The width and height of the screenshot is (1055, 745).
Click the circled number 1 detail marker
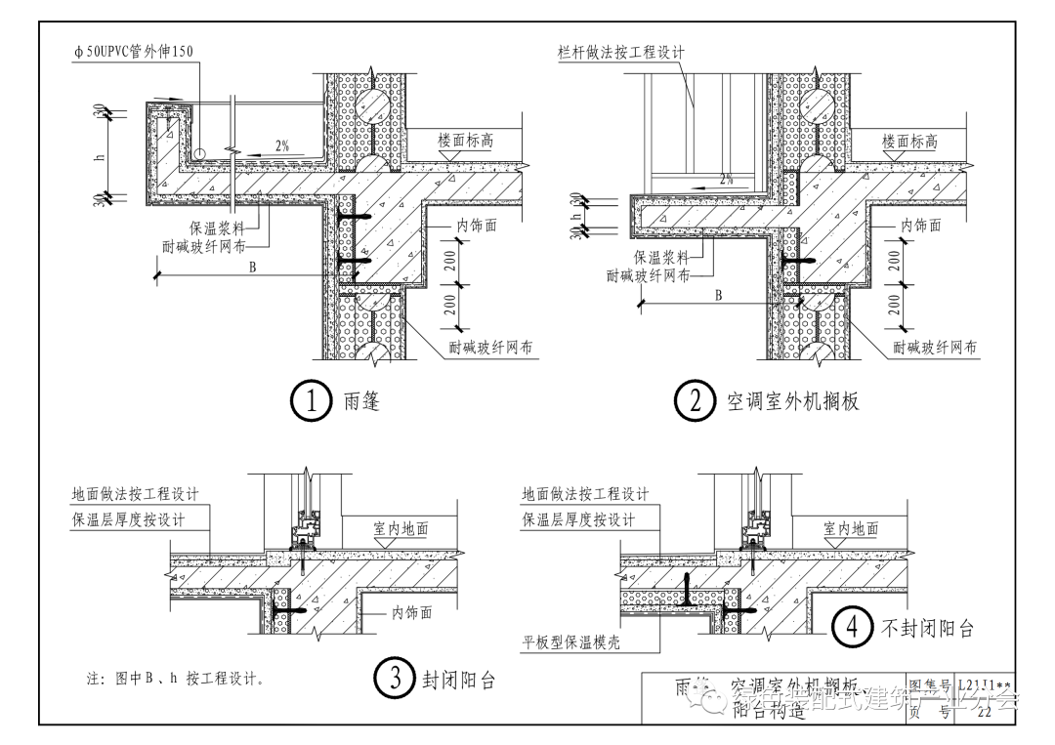[312, 402]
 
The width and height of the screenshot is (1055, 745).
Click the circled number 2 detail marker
[696, 402]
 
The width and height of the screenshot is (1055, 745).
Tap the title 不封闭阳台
[927, 628]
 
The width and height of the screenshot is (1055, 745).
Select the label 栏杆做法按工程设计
[614, 52]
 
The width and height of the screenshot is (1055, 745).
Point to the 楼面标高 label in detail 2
[909, 141]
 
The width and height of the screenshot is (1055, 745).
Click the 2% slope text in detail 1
[282, 145]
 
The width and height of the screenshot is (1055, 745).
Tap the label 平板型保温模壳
[571, 642]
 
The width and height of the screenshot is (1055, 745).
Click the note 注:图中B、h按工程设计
[176, 678]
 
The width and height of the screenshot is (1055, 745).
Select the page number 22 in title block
[983, 712]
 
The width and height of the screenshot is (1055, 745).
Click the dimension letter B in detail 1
[252, 268]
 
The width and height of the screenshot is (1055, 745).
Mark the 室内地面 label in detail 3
[401, 528]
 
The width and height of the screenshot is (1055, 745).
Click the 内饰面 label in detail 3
[411, 612]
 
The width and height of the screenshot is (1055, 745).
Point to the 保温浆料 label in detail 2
[661, 257]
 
